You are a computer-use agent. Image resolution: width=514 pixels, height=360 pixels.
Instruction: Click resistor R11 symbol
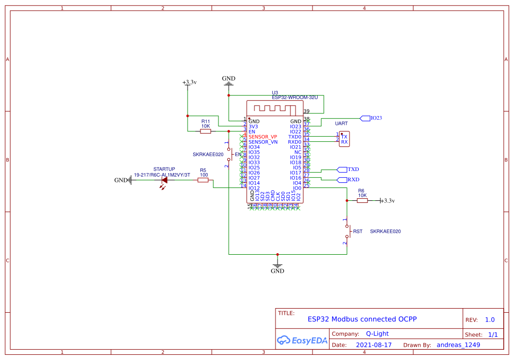click(205, 131)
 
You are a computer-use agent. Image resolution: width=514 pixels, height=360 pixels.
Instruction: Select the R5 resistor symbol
click(203, 180)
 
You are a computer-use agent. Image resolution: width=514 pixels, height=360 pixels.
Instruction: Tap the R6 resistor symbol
click(362, 200)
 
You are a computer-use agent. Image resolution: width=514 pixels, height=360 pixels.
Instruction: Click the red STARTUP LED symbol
click(164, 180)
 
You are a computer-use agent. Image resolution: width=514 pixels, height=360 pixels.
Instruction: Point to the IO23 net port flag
click(365, 118)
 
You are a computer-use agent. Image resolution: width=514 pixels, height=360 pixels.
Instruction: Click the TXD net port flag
click(342, 169)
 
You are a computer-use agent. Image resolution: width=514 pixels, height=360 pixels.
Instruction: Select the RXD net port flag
click(342, 180)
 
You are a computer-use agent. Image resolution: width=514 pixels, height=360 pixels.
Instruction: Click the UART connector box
click(344, 139)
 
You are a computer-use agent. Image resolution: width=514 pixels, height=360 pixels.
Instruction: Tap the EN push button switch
click(228, 154)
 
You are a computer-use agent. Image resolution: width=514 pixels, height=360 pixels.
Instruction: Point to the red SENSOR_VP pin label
click(263, 137)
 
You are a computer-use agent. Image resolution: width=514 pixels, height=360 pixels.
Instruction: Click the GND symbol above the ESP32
click(229, 81)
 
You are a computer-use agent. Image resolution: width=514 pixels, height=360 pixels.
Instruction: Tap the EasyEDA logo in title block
click(302, 339)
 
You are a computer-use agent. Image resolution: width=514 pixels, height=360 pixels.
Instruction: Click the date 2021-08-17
click(374, 345)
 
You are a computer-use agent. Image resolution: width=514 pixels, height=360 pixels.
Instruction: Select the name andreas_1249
click(458, 345)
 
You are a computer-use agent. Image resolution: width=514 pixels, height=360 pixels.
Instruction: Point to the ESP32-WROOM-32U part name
click(295, 97)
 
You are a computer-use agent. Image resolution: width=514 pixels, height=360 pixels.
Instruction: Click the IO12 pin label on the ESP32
click(254, 188)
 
